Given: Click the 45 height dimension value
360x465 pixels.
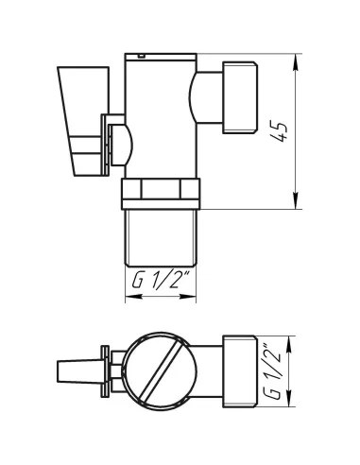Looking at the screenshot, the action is coord(280,130).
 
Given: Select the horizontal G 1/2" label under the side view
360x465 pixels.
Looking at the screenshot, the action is coord(161,280).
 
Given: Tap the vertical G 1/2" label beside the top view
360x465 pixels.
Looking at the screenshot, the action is coord(272,371).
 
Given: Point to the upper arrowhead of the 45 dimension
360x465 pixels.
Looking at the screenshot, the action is coord(296,62).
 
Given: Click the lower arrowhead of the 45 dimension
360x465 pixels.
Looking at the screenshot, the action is coord(296,201).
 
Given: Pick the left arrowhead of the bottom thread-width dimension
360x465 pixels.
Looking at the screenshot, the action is coord(133,297).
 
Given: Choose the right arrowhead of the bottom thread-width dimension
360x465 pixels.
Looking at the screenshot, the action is coord(188,297).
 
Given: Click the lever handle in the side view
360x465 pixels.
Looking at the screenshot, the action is coord(83,121).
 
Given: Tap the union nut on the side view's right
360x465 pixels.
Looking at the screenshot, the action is coord(240,97).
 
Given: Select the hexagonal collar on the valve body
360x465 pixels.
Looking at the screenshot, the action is coord(161,194).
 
